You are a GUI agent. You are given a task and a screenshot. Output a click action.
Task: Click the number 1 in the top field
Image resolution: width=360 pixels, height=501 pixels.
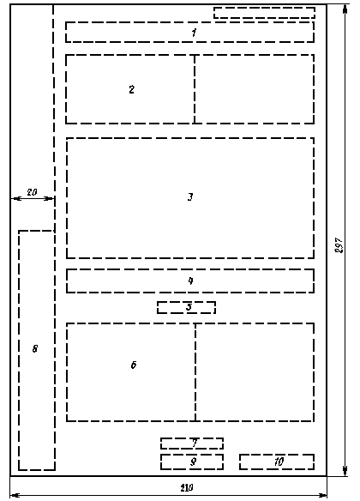coord(194,33)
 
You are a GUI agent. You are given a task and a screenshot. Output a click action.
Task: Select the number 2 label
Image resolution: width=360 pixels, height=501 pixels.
coord(131,89)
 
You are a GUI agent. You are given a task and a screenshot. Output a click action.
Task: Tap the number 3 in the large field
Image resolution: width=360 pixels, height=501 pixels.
coord(190,196)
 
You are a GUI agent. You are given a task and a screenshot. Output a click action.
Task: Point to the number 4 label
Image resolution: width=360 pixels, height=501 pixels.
coord(190,281)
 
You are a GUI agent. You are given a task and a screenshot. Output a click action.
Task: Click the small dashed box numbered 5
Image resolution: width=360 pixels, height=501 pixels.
coord(186,307)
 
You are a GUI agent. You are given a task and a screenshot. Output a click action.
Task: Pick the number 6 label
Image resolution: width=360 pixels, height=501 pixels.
coord(134,365)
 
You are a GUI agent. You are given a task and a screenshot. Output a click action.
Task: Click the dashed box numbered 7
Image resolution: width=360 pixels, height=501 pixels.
coord(192,444)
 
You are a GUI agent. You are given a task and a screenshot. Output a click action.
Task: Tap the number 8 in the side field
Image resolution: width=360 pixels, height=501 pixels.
coord(35,348)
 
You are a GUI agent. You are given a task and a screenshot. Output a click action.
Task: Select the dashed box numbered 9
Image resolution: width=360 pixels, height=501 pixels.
coord(192,462)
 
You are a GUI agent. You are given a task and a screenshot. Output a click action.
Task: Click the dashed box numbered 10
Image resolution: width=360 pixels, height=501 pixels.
coord(277,462)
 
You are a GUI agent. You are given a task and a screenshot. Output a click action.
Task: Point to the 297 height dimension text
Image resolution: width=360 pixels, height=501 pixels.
coord(339,245)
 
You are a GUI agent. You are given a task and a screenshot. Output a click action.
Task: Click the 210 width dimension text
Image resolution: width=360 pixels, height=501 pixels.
coord(187,488)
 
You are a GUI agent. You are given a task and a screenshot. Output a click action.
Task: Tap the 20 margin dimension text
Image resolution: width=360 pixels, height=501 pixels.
coord(32,192)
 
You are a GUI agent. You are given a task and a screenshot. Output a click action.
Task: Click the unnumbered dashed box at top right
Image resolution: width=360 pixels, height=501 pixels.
coord(265,13)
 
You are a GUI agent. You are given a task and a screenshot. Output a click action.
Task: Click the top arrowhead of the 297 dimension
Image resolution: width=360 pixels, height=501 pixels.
coord(345,9)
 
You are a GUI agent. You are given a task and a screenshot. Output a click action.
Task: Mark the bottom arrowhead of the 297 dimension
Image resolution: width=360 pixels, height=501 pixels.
coord(345,471)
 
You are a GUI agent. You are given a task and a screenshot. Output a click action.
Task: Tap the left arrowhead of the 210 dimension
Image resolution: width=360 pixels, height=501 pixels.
coord(15,496)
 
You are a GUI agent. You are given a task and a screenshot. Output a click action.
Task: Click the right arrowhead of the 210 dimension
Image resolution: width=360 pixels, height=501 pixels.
coord(322,496)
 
